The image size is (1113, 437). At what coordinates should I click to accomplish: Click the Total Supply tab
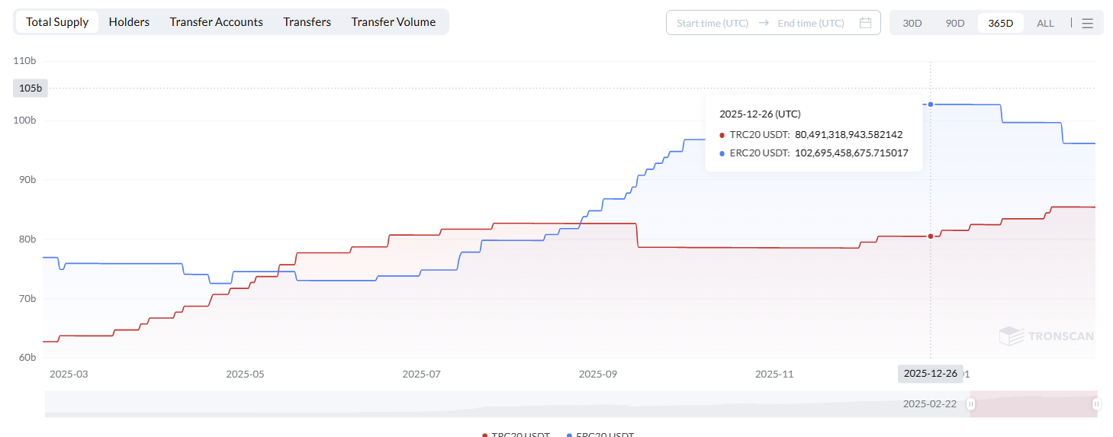57,22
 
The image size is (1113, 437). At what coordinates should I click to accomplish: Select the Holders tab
129,22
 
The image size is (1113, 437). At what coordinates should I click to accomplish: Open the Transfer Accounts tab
216,22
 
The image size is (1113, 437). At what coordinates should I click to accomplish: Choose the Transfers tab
307,22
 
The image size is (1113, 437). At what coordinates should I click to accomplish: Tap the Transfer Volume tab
393,22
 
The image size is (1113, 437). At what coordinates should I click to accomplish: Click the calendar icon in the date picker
865,23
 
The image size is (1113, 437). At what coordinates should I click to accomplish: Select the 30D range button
912,23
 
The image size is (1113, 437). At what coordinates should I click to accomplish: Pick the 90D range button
955,23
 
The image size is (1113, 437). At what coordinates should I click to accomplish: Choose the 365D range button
1000,23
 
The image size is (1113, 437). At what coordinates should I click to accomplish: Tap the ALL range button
1045,23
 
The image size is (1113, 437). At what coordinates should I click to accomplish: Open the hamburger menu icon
1088,23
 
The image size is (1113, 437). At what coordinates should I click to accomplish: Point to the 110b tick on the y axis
25,60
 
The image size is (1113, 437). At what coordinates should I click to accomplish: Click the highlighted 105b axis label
31,88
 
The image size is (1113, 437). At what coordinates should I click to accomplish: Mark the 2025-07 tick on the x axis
421,374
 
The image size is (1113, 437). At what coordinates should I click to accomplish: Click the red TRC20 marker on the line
931,236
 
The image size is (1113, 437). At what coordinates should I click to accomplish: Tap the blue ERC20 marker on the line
931,104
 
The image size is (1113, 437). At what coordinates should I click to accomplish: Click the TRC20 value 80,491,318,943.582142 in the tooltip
848,134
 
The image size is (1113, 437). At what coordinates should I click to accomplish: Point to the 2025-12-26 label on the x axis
930,374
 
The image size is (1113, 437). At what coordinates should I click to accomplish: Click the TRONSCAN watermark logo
1046,336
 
